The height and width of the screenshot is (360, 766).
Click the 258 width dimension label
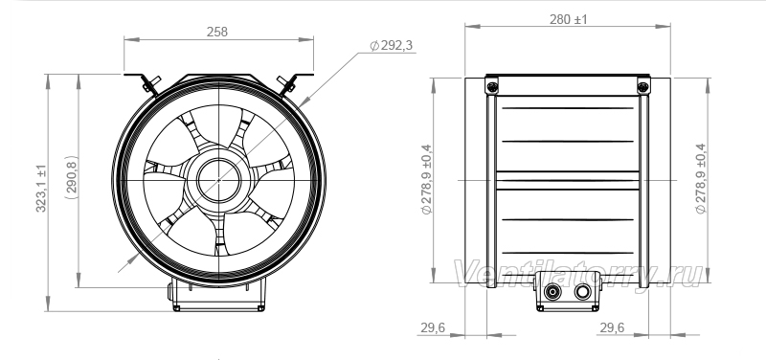pyautogui.click(x=217, y=32)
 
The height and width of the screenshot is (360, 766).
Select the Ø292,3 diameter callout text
pyautogui.click(x=392, y=45)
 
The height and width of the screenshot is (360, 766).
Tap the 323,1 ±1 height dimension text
pyautogui.click(x=41, y=188)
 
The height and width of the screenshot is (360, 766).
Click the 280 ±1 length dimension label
pyautogui.click(x=568, y=19)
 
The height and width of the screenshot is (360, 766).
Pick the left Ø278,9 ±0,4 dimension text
pyautogui.click(x=426, y=179)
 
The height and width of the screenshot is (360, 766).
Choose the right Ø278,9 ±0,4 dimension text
pyautogui.click(x=701, y=178)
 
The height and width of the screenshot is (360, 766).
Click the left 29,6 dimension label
pyautogui.click(x=433, y=327)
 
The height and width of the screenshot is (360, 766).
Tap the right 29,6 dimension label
pyautogui.click(x=612, y=327)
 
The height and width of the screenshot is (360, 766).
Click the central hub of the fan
pyautogui.click(x=219, y=180)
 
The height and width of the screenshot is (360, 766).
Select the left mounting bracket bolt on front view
pyautogui.click(x=150, y=84)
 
